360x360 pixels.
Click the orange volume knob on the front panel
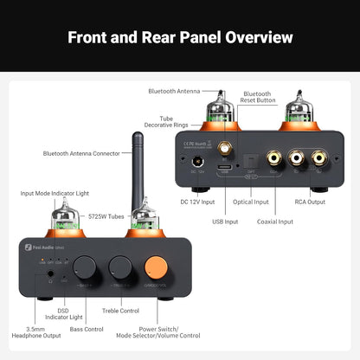[x=157, y=264]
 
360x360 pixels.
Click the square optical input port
[x=255, y=160]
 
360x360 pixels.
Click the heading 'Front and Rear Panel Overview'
[x=180, y=37]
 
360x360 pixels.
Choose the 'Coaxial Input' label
[x=274, y=222]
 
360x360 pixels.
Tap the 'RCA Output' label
[x=309, y=202]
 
